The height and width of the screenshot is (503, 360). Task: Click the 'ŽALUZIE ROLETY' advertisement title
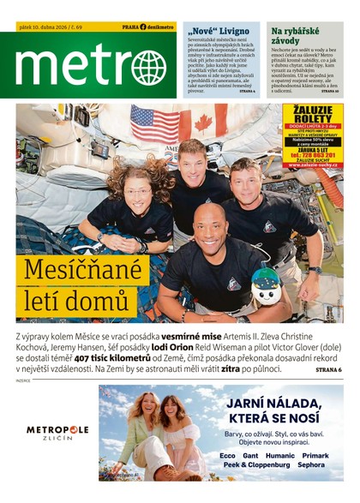click(x=312, y=116)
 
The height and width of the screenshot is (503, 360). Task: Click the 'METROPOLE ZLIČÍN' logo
click(x=57, y=433)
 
